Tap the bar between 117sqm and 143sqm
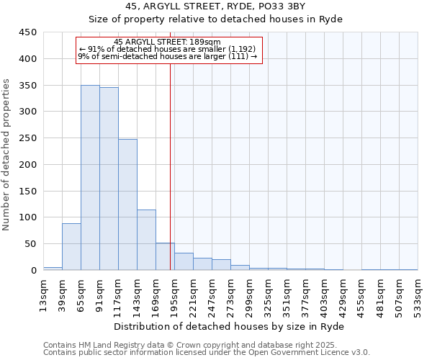(127, 204)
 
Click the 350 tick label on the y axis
(27, 85)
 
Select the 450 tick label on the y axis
(27, 32)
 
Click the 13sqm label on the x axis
(44, 292)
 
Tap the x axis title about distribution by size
(230, 326)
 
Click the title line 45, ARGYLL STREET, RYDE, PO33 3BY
(215, 6)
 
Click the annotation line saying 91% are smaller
(167, 49)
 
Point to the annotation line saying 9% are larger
(167, 56)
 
